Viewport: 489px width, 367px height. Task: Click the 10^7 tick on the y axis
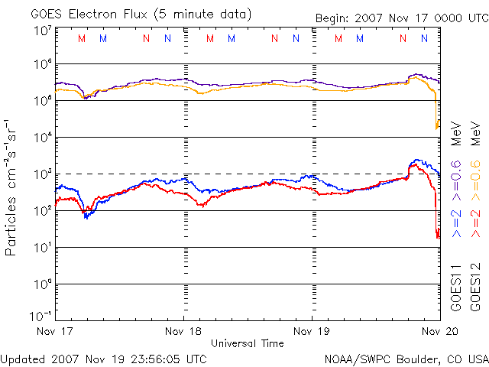43,30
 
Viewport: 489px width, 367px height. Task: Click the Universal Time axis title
247,343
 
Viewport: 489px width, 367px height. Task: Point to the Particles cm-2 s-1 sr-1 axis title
13,187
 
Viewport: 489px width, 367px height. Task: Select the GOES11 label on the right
456,287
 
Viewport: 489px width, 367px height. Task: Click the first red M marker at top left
82,38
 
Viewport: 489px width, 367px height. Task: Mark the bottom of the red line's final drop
438,236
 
